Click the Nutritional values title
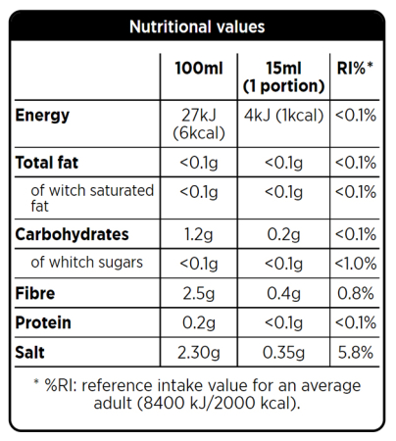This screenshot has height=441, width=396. (197, 26)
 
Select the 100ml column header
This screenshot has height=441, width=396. (199, 71)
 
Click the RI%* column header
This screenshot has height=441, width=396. (355, 71)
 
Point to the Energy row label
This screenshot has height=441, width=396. (43, 117)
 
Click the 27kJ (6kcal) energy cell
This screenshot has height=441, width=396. (199, 124)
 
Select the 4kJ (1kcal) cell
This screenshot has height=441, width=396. (283, 117)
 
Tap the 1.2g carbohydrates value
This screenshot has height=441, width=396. (199, 235)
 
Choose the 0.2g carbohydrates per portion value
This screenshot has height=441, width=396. (283, 235)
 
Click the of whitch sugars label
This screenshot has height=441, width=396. (87, 263)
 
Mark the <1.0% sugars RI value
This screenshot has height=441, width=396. (355, 263)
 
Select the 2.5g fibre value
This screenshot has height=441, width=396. (199, 293)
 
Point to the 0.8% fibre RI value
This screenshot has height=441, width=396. (355, 293)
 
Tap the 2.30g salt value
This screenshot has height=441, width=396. (199, 350)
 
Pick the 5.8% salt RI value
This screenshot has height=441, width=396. (355, 350)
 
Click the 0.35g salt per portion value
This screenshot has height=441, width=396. (283, 350)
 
